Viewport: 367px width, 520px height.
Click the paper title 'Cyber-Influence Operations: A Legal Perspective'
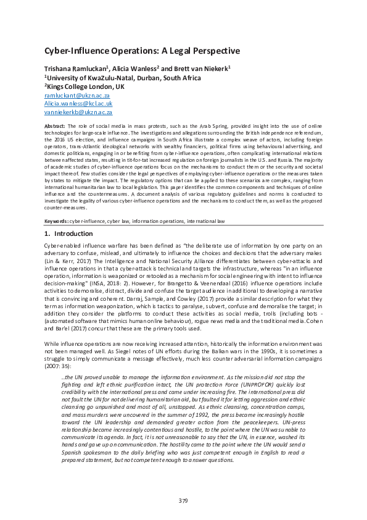click(x=142, y=51)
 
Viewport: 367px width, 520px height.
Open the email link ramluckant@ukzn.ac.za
click(x=76, y=96)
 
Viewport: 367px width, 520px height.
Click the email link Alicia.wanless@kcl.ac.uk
click(x=78, y=105)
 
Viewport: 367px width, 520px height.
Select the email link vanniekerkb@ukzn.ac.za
click(x=78, y=114)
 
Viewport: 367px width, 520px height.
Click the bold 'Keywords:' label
click(x=56, y=221)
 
